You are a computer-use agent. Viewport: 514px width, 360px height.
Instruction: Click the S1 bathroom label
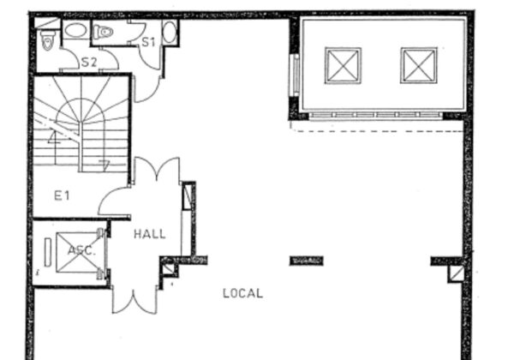tap(148, 42)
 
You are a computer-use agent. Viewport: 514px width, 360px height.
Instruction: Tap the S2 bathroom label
tap(89, 62)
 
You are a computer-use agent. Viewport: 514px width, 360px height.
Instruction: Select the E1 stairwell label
tap(62, 195)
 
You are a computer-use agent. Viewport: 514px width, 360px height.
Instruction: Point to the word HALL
tap(150, 234)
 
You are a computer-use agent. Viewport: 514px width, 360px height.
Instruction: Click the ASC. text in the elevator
tap(81, 251)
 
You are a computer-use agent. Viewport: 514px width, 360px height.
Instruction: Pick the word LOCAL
tap(243, 293)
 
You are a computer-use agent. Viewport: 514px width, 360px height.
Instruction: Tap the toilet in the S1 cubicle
tap(103, 32)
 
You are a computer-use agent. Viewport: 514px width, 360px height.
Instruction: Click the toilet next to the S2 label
tap(48, 40)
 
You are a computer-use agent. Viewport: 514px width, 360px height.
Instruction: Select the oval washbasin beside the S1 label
tap(170, 32)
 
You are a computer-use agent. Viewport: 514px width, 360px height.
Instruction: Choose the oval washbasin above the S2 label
tap(75, 31)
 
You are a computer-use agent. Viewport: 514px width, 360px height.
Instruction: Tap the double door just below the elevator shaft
tap(134, 302)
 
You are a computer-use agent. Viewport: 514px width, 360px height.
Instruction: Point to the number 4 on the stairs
tap(54, 137)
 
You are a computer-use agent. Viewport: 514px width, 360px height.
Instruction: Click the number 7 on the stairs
tap(105, 165)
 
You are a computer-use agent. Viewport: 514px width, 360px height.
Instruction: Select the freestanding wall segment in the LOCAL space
tap(307, 261)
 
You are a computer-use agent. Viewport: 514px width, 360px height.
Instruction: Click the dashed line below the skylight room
tap(377, 130)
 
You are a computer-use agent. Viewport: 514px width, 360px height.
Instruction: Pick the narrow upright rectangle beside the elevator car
tap(48, 252)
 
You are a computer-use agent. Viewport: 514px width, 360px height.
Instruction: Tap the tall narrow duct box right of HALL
tap(187, 196)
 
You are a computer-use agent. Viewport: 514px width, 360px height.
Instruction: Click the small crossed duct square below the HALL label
tap(169, 268)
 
